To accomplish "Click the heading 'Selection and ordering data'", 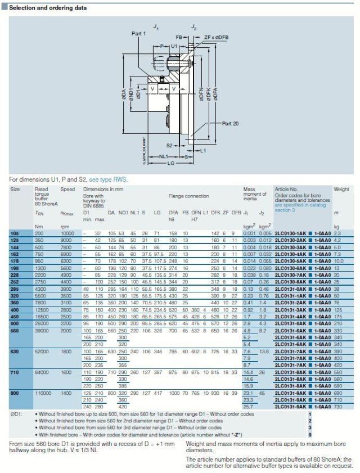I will (49, 8).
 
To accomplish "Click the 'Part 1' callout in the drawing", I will (138, 34).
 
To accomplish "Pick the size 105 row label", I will (14, 233).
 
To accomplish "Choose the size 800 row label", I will (15, 392).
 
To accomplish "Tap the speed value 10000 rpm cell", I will (67, 233).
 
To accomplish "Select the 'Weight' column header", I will (341, 190).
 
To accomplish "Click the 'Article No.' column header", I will (286, 190).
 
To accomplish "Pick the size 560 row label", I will (15, 316).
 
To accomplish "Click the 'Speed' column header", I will (67, 190).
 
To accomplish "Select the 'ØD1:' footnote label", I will (17, 413).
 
